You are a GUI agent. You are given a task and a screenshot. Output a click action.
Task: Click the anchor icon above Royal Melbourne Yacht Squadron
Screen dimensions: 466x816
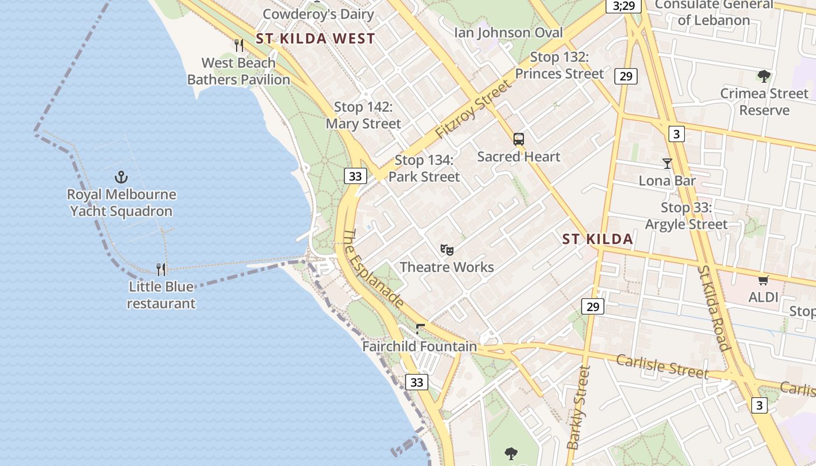121,176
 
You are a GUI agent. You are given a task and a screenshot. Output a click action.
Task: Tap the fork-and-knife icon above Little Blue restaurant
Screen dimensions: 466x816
161,269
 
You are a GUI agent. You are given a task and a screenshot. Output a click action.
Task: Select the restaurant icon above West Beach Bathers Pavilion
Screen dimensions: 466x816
238,45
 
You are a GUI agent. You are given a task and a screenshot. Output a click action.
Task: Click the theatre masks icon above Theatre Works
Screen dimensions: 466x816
447,250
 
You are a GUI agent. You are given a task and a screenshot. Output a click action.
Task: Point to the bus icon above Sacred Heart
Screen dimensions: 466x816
519,139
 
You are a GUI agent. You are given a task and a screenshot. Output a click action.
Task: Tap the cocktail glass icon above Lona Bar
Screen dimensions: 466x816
667,164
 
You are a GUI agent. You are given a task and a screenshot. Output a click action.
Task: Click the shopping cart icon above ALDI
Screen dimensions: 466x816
764,280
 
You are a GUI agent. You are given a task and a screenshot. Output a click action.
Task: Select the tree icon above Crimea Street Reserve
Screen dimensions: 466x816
764,76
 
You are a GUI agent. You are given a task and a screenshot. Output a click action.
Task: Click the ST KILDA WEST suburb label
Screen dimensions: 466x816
315,39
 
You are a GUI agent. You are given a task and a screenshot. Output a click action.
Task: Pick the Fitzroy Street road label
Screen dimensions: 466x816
473,110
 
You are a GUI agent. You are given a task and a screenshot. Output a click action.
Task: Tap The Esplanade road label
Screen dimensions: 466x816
372,268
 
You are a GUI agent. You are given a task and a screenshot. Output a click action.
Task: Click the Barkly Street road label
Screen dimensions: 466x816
579,407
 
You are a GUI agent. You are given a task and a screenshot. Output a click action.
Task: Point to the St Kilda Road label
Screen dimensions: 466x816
714,308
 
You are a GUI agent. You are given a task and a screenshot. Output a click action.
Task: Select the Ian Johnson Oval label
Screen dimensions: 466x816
509,32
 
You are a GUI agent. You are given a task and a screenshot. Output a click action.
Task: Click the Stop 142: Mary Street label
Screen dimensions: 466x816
363,115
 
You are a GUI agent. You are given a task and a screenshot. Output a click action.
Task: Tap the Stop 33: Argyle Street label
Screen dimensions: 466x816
686,216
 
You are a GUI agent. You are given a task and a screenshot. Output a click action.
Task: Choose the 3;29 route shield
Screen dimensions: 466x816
623,6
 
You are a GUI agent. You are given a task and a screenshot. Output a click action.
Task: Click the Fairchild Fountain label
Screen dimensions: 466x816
420,346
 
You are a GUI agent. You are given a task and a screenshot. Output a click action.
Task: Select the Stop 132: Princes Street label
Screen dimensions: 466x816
560,65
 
